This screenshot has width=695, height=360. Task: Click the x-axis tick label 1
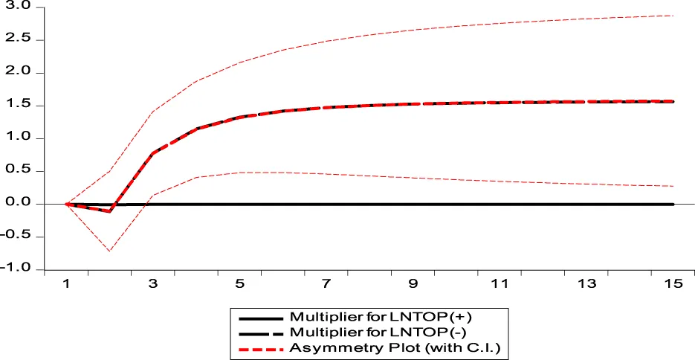click(67, 284)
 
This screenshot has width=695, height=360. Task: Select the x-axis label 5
click(240, 284)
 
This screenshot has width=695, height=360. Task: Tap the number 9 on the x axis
click(413, 284)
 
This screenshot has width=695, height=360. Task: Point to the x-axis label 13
click(586, 284)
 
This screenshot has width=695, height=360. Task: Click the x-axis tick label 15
click(673, 284)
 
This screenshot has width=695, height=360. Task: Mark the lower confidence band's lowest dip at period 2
click(110, 251)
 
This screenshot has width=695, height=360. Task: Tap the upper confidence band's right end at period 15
click(673, 16)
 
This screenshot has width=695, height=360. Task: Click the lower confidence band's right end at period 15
click(673, 186)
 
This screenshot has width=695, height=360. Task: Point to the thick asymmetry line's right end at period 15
click(673, 101)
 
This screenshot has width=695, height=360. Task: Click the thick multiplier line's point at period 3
click(153, 153)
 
